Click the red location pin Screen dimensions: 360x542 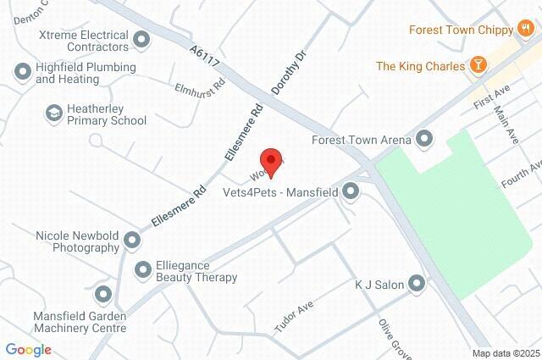tap(270, 158)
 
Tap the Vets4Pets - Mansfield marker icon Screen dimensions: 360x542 tap(351, 192)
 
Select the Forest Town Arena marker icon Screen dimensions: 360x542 tap(425, 139)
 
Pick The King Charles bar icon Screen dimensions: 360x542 tap(478, 65)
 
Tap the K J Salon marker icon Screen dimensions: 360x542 tap(416, 283)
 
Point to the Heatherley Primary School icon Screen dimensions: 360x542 tap(54, 113)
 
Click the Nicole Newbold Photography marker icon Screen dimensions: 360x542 tap(132, 241)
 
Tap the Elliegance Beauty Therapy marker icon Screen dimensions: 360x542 tap(141, 270)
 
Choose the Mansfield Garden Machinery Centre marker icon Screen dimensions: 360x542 tap(103, 295)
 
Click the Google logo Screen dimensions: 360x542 tap(28, 349)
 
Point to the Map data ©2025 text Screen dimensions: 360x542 tap(505, 353)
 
